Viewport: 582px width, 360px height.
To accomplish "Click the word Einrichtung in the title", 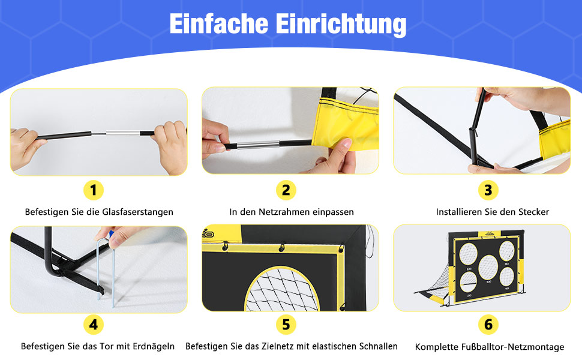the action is coord(341,24).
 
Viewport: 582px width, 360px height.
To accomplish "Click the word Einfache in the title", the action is coord(218,23).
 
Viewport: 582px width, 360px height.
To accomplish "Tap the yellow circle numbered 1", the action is coord(93,190).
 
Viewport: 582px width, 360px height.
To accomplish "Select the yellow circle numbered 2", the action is coord(286,190).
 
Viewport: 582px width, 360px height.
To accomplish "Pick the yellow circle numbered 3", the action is coord(488,190).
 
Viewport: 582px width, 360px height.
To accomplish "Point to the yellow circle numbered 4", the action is coord(93,325).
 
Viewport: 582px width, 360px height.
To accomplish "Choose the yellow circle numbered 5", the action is coord(286,325).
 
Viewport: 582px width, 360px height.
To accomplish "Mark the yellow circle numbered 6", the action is coord(488,325).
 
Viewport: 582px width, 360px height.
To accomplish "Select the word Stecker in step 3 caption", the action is coord(534,212).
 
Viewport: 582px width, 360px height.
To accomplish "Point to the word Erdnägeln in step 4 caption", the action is coord(154,346).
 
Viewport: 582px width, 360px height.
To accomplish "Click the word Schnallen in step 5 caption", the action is coord(378,346).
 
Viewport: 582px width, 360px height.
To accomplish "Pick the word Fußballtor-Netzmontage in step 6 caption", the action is coord(512,347).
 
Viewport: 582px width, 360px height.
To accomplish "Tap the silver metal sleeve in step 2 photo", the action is coord(258,145).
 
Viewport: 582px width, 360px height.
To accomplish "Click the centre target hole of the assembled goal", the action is coord(488,267).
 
